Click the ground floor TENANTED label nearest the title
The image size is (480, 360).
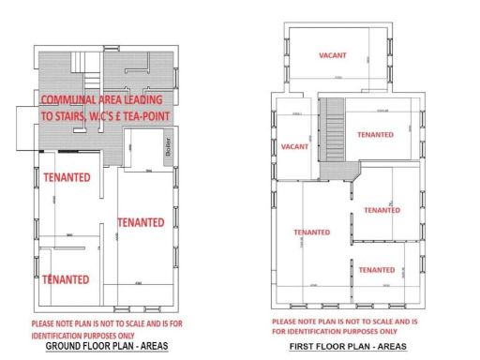tap(66, 278)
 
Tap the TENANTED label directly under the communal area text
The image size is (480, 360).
tap(67, 176)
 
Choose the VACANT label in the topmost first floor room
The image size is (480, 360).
tap(332, 55)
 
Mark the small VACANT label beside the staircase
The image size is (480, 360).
tap(294, 147)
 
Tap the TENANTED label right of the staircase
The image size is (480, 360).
tap(376, 134)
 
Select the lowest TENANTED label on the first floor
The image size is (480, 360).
tap(376, 270)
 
